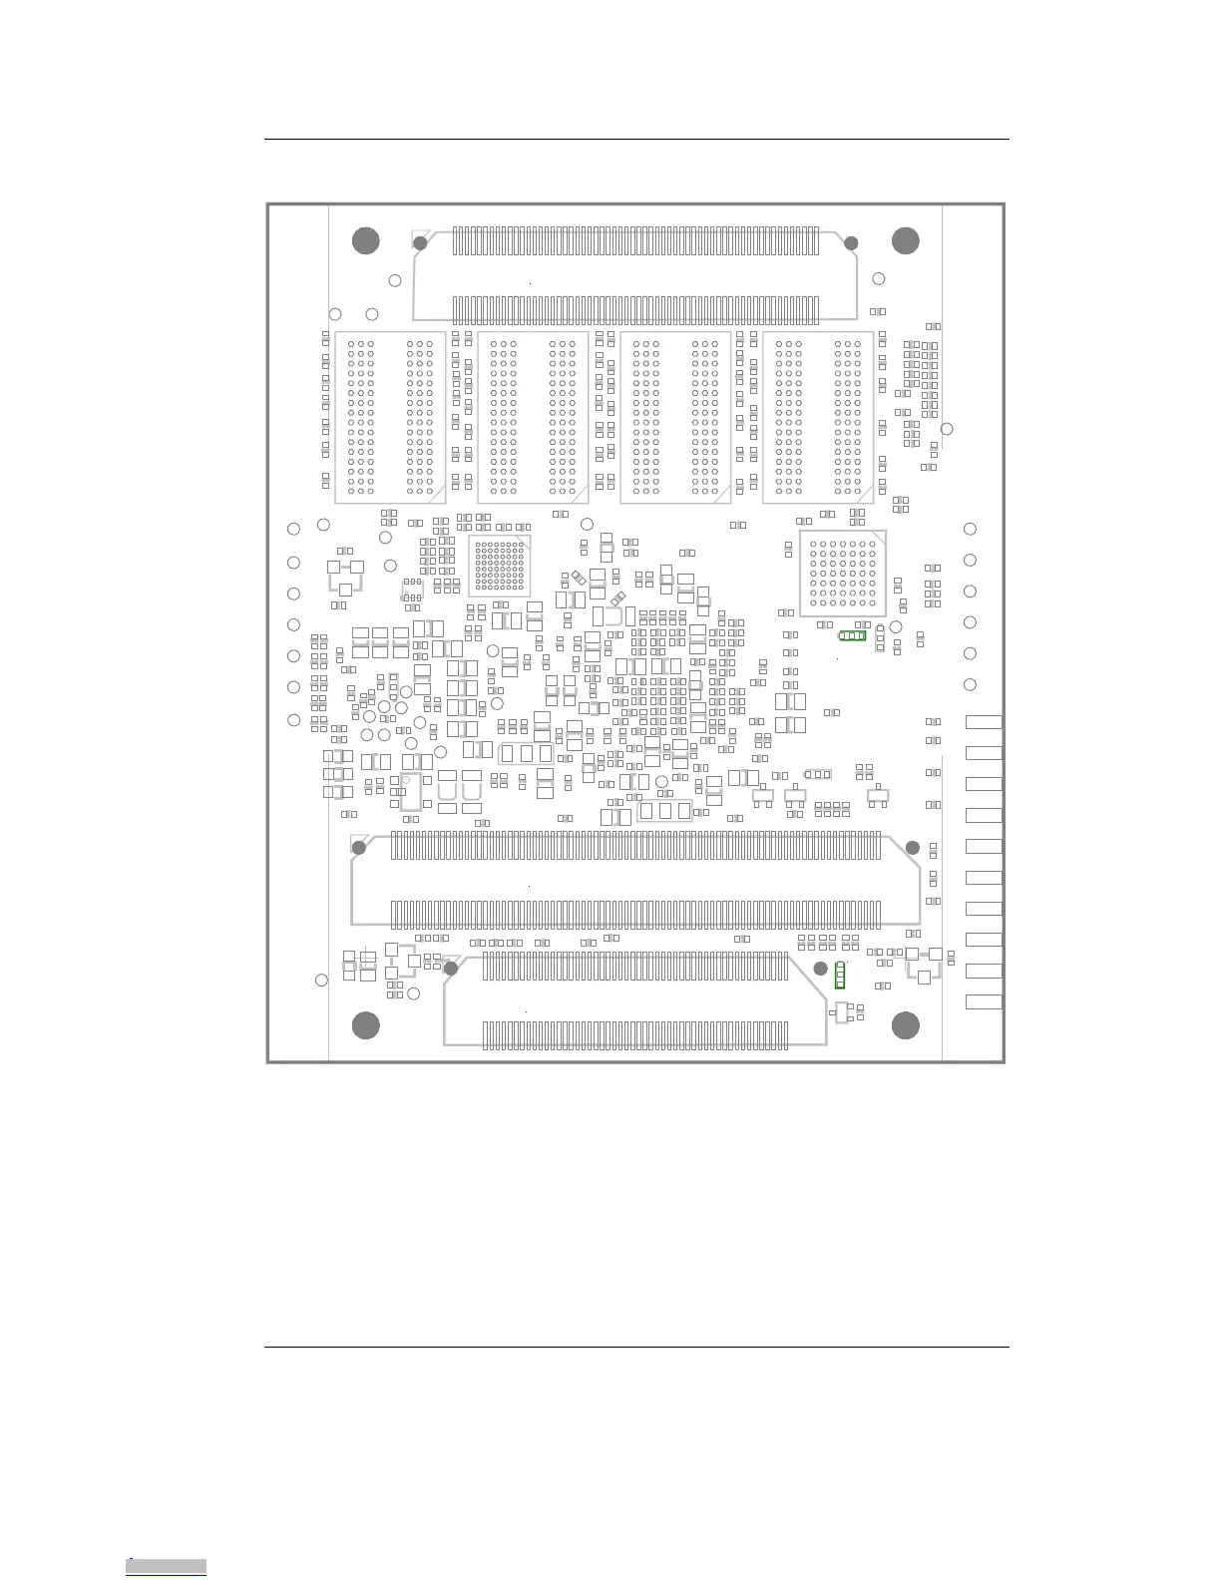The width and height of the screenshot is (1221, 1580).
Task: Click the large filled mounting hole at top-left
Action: (x=366, y=240)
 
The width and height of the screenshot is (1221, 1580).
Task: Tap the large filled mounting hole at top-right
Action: (x=905, y=240)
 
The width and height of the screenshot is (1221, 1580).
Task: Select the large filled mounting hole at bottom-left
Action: (x=366, y=1025)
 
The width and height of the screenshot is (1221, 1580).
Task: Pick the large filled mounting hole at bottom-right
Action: (x=905, y=1025)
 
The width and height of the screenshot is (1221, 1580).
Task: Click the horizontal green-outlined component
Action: (x=852, y=635)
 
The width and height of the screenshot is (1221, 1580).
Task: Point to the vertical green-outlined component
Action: (x=840, y=976)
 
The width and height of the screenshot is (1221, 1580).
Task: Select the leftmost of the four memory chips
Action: (x=390, y=417)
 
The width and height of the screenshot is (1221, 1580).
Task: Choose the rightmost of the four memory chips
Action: (x=818, y=417)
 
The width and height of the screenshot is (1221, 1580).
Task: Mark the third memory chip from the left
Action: (x=675, y=417)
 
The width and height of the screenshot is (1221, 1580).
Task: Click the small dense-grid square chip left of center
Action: (x=499, y=566)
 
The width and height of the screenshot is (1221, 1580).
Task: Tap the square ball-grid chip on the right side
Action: (x=843, y=574)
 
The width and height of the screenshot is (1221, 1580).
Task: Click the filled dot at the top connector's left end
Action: (x=420, y=243)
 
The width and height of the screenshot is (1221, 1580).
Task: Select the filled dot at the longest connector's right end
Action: (x=912, y=848)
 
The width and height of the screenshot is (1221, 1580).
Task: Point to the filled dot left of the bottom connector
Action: (x=451, y=968)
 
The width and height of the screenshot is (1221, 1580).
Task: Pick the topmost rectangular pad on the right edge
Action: (x=984, y=722)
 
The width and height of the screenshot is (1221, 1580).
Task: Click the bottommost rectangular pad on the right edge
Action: (x=984, y=1001)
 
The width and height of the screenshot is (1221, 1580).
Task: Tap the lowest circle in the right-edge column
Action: (x=970, y=684)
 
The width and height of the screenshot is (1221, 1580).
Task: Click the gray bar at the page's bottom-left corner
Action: (x=167, y=1566)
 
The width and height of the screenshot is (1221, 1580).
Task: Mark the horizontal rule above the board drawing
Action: (x=636, y=140)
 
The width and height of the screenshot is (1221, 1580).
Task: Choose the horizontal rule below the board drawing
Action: (x=636, y=1347)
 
